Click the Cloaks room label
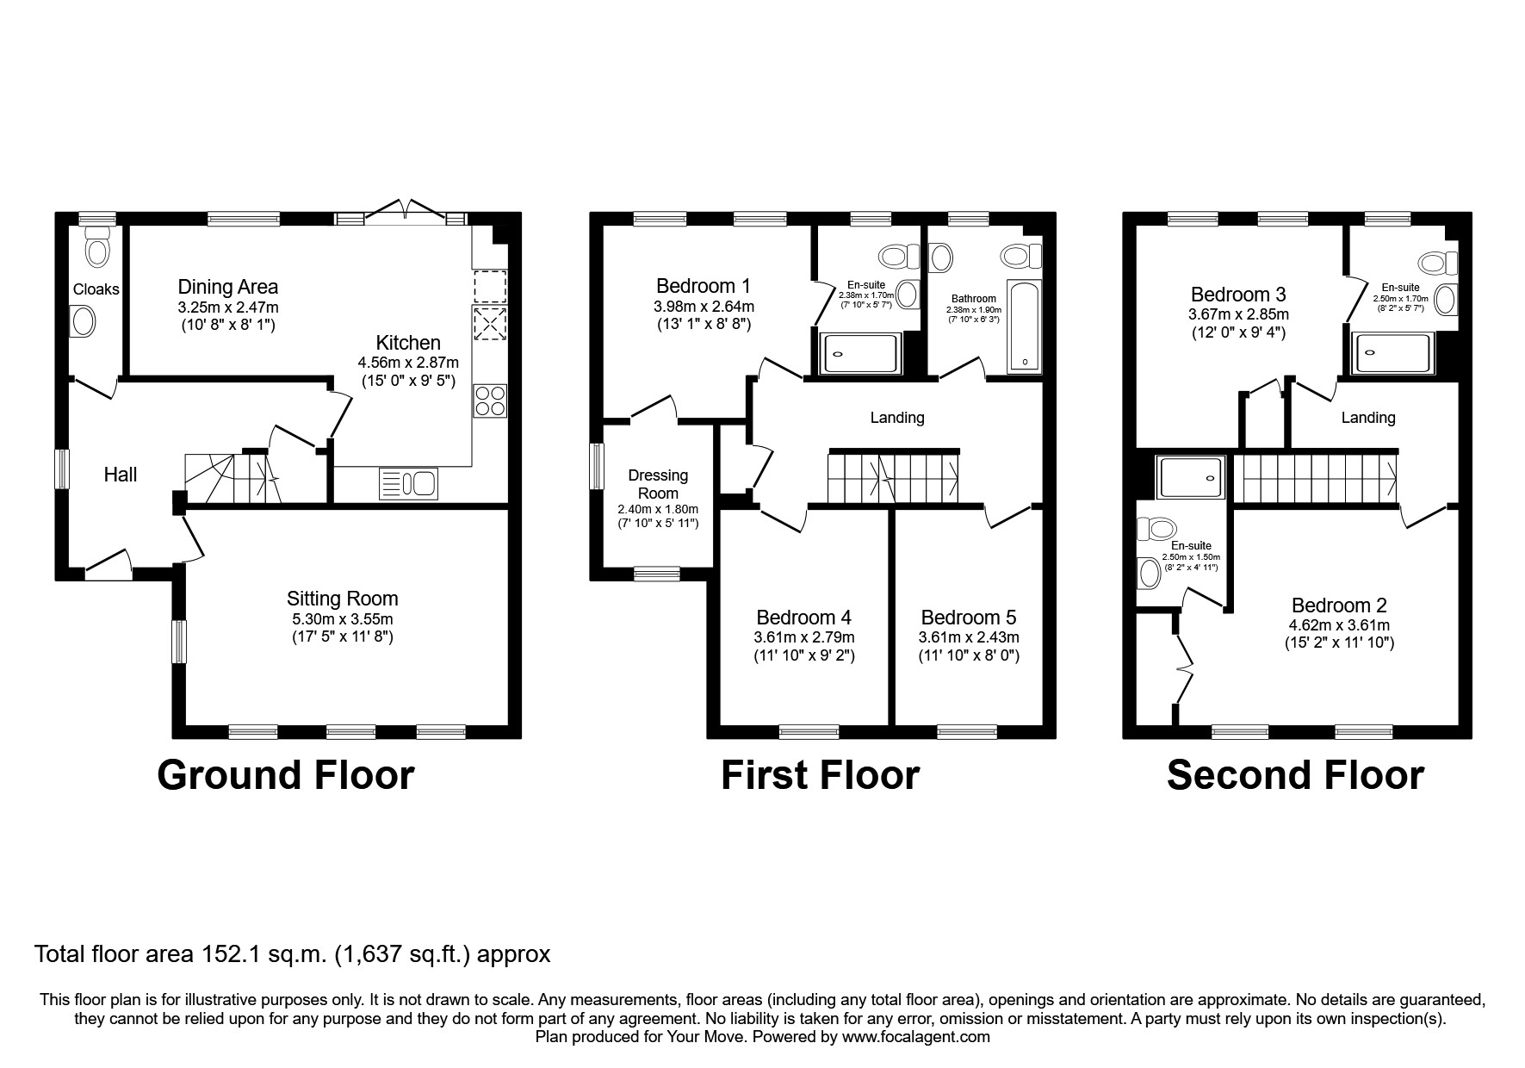[96, 289]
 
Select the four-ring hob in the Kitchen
[490, 401]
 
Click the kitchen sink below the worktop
[409, 483]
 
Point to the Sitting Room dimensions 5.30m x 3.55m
[342, 619]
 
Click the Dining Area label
[227, 287]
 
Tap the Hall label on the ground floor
[121, 475]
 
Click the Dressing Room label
[658, 484]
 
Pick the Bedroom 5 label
[968, 618]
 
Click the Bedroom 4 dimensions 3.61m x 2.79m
[803, 638]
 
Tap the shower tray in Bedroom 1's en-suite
[859, 353]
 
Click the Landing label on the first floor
[896, 418]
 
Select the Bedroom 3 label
[1237, 295]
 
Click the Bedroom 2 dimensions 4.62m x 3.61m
[1338, 626]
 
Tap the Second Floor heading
[1294, 775]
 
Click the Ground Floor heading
[285, 775]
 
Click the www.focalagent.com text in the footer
[915, 1037]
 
